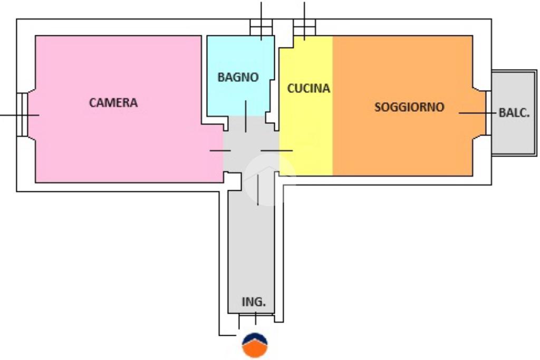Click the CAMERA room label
click(113, 103)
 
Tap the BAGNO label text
click(238, 77)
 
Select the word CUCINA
click(308, 89)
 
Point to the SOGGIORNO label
click(409, 107)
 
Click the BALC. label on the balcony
click(514, 113)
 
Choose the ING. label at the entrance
click(254, 302)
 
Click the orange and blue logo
click(255, 345)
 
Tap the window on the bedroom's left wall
click(22, 114)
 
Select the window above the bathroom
click(261, 27)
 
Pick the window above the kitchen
click(304, 27)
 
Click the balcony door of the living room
click(488, 113)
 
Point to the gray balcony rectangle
click(514, 113)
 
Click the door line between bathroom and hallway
click(246, 116)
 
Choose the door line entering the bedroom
click(220, 150)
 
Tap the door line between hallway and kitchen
click(276, 150)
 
